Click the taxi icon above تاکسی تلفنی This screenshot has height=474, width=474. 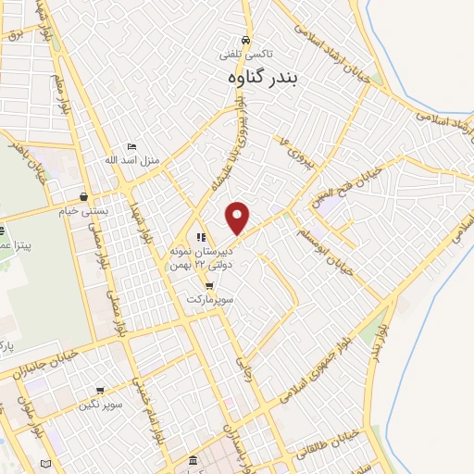click(245, 41)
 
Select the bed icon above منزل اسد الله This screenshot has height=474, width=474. click(132, 146)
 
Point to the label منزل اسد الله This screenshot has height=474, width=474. click(132, 160)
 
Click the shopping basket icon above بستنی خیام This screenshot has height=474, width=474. click(85, 196)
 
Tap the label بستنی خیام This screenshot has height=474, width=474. click(85, 210)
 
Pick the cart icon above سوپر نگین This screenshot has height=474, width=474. click(100, 390)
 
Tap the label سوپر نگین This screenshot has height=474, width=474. click(100, 405)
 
